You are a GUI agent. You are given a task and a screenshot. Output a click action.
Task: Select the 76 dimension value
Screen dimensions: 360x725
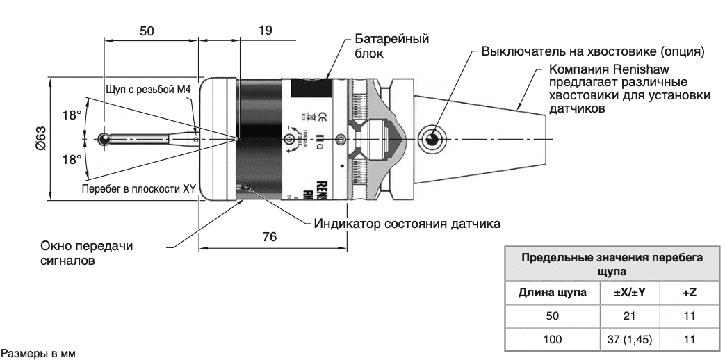(x=268, y=237)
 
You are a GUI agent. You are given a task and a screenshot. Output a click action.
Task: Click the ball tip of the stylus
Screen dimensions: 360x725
(x=104, y=139)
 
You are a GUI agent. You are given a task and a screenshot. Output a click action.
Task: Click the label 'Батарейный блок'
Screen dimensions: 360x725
(x=391, y=45)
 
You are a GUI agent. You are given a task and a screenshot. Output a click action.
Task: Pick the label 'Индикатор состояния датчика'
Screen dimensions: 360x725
(x=407, y=224)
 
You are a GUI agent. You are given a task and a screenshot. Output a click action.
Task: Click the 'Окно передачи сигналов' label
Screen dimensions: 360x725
(x=86, y=253)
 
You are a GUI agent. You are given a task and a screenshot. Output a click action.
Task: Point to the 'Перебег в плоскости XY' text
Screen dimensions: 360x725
(x=138, y=189)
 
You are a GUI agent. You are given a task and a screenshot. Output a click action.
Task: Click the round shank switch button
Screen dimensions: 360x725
(x=432, y=138)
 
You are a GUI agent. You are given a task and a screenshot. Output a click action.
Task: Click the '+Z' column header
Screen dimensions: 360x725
(x=689, y=293)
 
